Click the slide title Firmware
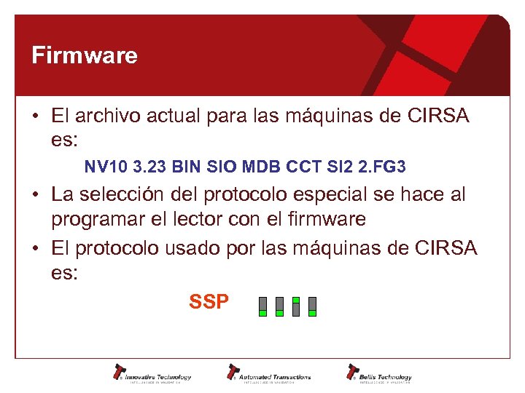(85, 55)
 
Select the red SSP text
(209, 302)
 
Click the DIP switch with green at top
(296, 306)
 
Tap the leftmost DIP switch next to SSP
(263, 306)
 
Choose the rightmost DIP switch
(313, 306)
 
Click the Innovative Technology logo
(152, 373)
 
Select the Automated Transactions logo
(269, 373)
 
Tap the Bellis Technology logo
(380, 373)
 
